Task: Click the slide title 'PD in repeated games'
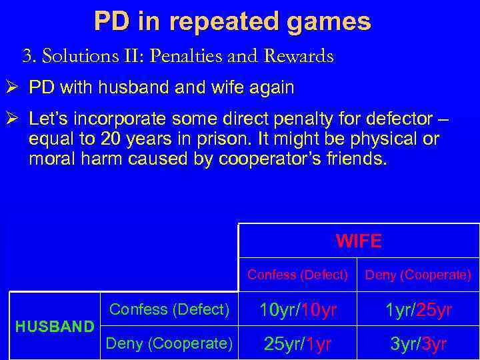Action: coord(232,21)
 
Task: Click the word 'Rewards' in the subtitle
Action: coord(299,57)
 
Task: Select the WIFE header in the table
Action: coord(359,241)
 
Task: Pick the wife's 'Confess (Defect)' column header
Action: coord(298,275)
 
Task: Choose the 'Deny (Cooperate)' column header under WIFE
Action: coord(419,275)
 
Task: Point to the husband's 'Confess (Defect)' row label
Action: coord(169,309)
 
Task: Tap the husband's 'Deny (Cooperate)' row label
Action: coord(169,343)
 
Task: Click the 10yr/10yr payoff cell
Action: coord(298,310)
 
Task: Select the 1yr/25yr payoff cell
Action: coord(419,310)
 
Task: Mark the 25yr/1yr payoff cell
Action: coord(298,344)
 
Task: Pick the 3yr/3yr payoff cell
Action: coord(419,344)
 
